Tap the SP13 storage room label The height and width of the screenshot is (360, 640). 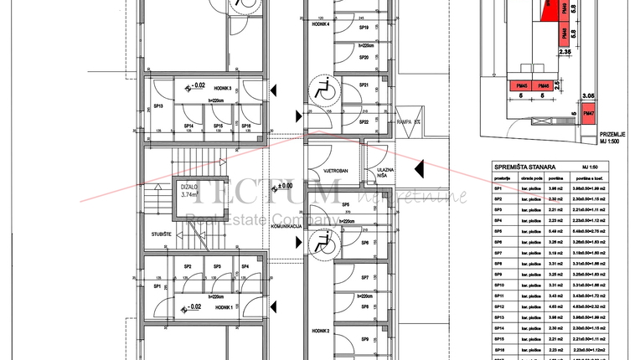[x=157, y=106]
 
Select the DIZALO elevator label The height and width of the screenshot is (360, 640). [x=192, y=187]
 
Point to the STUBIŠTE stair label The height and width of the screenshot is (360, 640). [x=163, y=234]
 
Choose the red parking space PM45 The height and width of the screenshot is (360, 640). [x=521, y=86]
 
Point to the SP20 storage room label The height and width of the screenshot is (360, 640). [x=364, y=57]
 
